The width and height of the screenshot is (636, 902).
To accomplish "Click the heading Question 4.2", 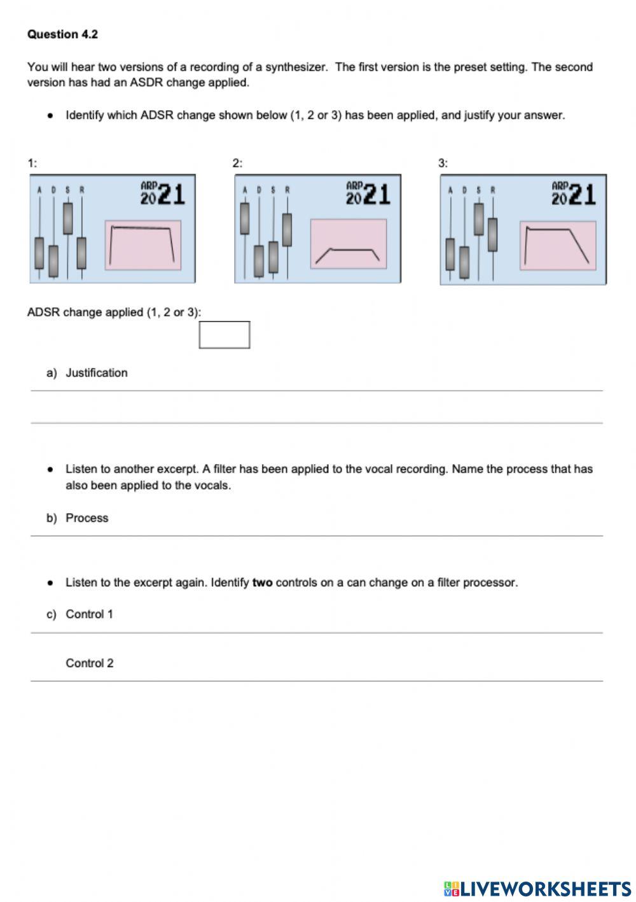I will click(x=62, y=34).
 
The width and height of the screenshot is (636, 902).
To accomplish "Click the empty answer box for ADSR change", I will click(x=225, y=335).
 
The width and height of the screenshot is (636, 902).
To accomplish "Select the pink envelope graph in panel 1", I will click(x=143, y=245).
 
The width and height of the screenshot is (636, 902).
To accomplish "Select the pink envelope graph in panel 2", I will click(x=349, y=244).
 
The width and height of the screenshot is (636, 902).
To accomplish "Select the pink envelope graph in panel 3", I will click(x=558, y=246).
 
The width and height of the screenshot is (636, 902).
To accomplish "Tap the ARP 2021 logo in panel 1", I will click(x=163, y=194).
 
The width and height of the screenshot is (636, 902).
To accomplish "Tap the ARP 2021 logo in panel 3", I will click(x=574, y=194).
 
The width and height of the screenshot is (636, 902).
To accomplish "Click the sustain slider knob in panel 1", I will click(x=67, y=218).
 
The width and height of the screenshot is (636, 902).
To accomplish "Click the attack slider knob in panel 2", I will click(x=244, y=218).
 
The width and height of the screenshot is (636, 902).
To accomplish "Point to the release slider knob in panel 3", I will click(x=492, y=234).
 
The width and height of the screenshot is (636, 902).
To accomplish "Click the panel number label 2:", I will click(x=237, y=164).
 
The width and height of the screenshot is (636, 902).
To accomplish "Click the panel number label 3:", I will click(x=443, y=164).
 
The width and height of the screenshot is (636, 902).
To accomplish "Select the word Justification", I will click(x=97, y=373).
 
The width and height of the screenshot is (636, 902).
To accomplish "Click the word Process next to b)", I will click(x=87, y=518).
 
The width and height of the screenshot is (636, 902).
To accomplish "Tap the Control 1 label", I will click(x=90, y=614).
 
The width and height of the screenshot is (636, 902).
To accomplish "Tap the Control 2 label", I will click(x=90, y=663).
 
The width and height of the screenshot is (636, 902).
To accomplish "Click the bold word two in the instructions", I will click(x=262, y=582).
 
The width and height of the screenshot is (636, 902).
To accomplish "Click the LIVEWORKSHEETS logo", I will click(x=537, y=889).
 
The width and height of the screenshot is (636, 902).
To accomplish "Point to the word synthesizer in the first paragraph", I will click(x=296, y=67).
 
